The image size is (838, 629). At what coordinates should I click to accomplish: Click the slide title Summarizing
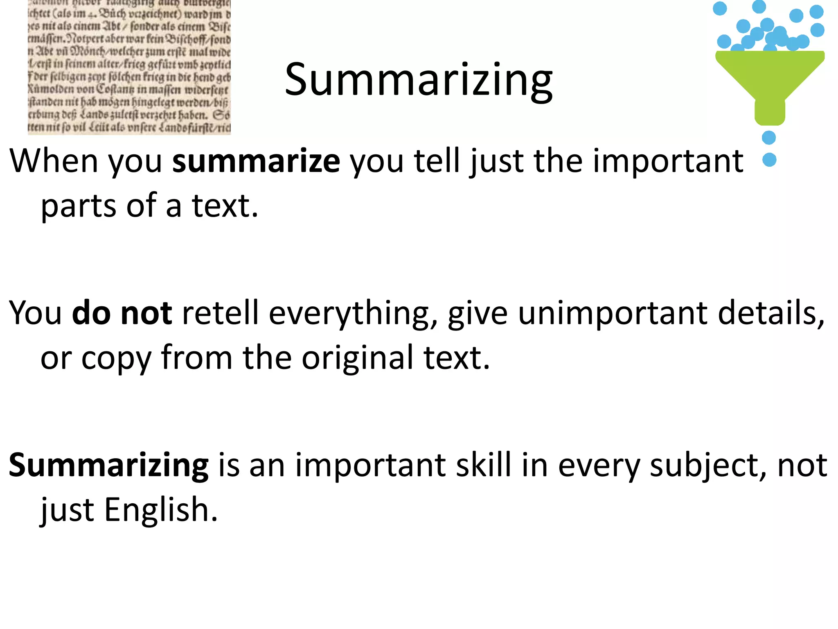coord(418,80)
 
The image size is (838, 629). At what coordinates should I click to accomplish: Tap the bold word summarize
coord(256,161)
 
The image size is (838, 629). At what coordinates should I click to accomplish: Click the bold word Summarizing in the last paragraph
coord(109,466)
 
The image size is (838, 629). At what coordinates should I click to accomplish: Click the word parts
coord(79,206)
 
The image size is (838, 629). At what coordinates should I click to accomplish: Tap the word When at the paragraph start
coord(54,161)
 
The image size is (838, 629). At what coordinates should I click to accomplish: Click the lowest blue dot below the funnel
coord(770,160)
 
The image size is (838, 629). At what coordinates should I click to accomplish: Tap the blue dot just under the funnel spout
coord(769,138)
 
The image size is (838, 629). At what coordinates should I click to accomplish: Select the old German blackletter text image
coord(129,67)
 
